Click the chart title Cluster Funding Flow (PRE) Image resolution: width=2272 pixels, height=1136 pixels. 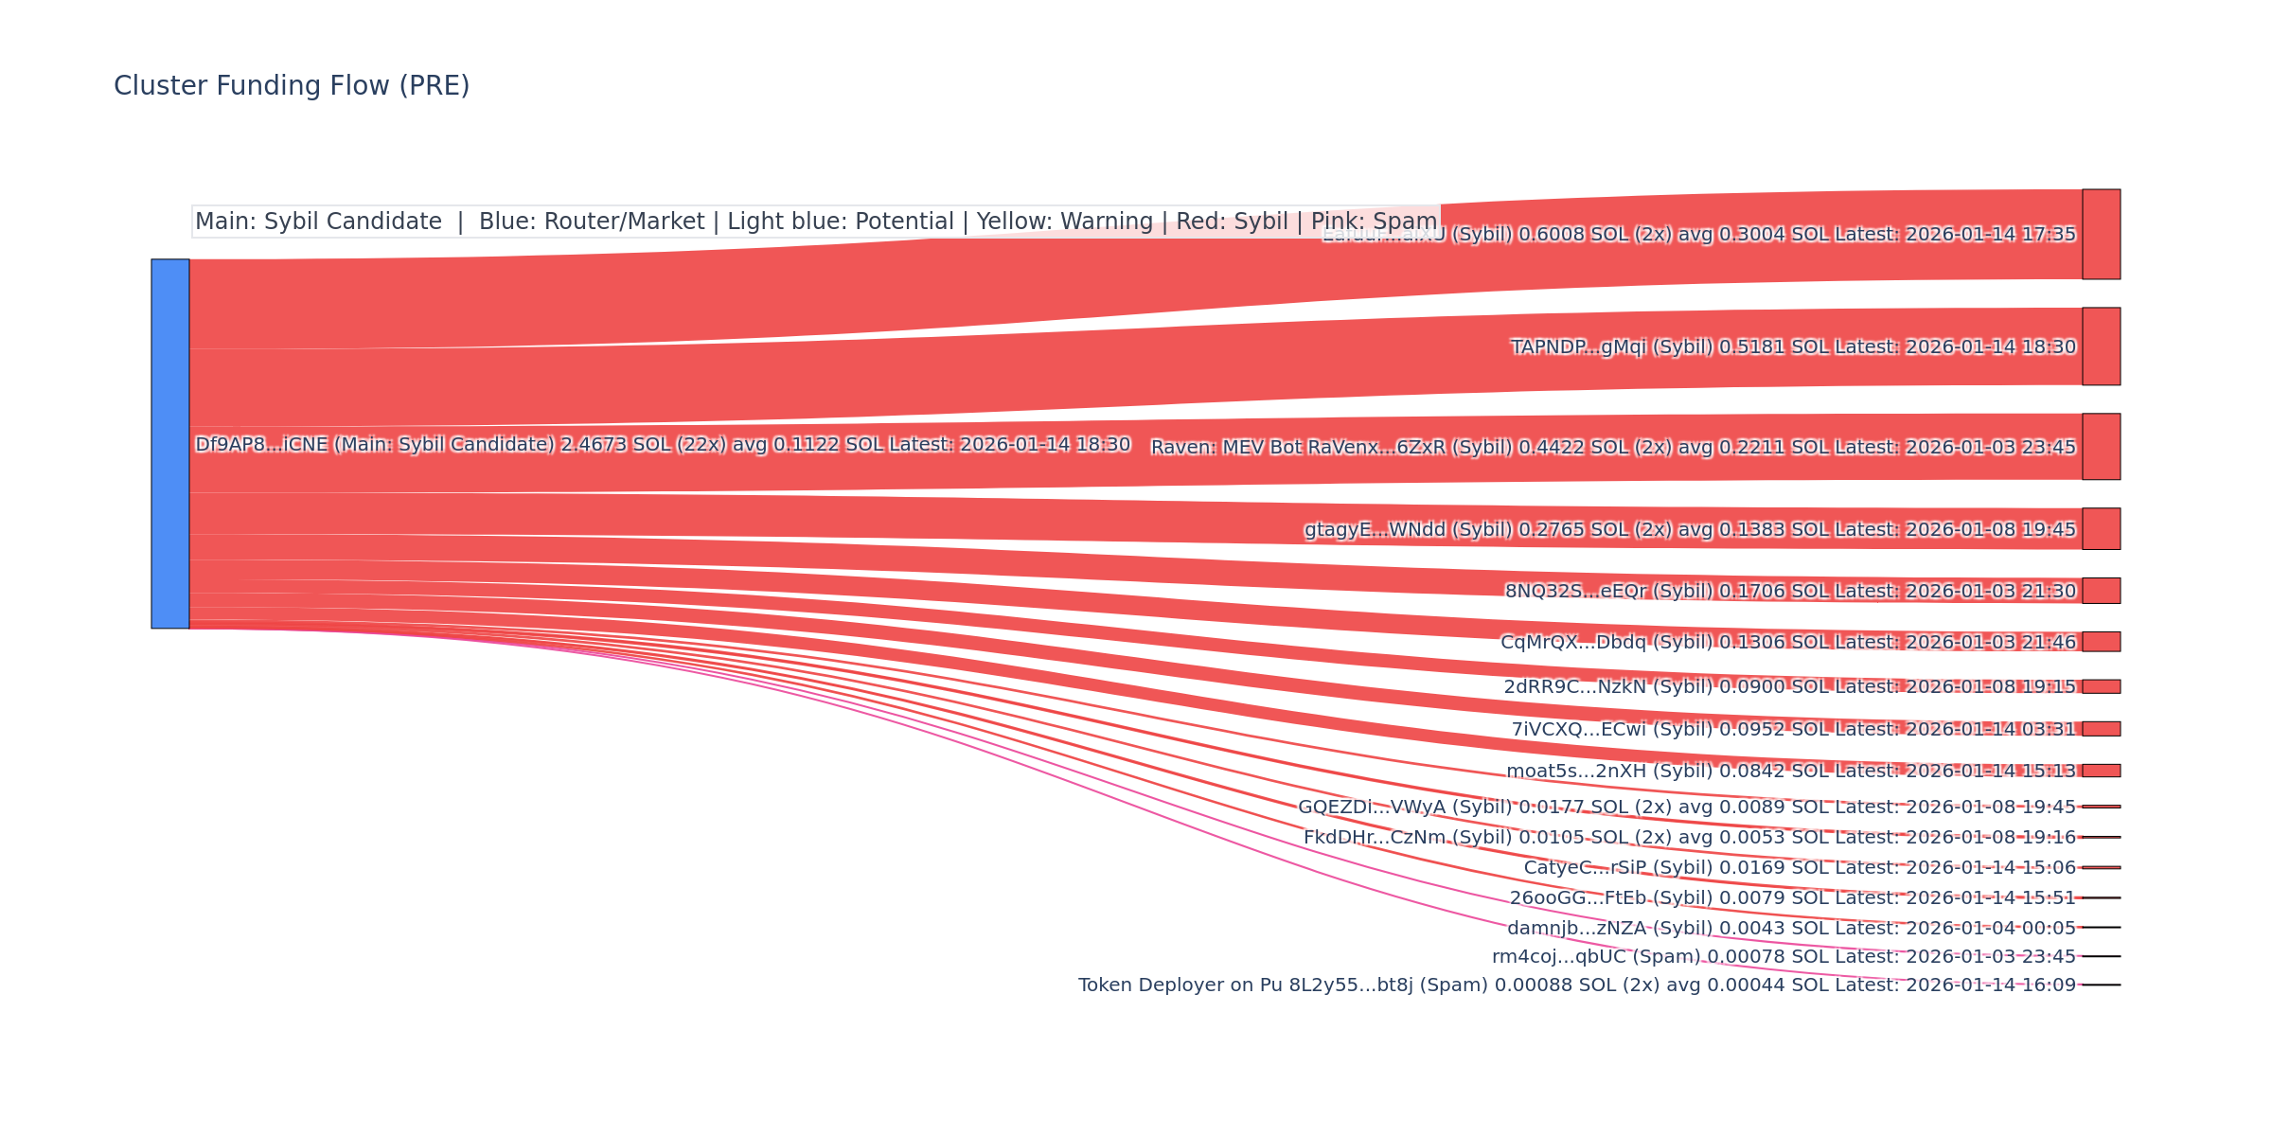[292, 86]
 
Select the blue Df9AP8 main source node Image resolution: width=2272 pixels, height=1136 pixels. [170, 443]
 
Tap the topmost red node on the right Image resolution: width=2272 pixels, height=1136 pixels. [2101, 234]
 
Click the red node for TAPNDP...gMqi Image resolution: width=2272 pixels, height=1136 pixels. [2101, 346]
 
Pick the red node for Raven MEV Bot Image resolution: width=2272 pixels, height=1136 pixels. [2101, 446]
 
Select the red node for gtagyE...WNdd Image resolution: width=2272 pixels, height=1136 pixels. [2101, 528]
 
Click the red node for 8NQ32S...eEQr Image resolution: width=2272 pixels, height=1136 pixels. [2101, 591]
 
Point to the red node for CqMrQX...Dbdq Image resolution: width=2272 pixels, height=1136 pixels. [2101, 642]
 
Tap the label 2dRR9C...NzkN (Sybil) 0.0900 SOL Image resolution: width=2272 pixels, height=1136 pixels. [1789, 686]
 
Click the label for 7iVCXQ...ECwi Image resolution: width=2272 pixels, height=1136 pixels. [1793, 729]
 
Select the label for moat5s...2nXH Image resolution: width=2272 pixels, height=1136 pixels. [1790, 771]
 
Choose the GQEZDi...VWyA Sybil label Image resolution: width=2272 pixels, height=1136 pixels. [1686, 807]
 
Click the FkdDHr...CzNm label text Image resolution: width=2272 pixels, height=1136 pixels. [1689, 837]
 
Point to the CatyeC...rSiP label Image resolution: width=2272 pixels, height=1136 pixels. [1799, 867]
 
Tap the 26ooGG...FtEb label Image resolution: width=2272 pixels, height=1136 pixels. [1792, 897]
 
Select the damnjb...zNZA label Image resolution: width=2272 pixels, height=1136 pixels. [1791, 928]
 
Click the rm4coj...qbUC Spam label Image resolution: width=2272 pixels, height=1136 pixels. [1784, 956]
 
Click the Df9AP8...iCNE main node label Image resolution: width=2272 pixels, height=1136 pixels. [663, 444]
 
